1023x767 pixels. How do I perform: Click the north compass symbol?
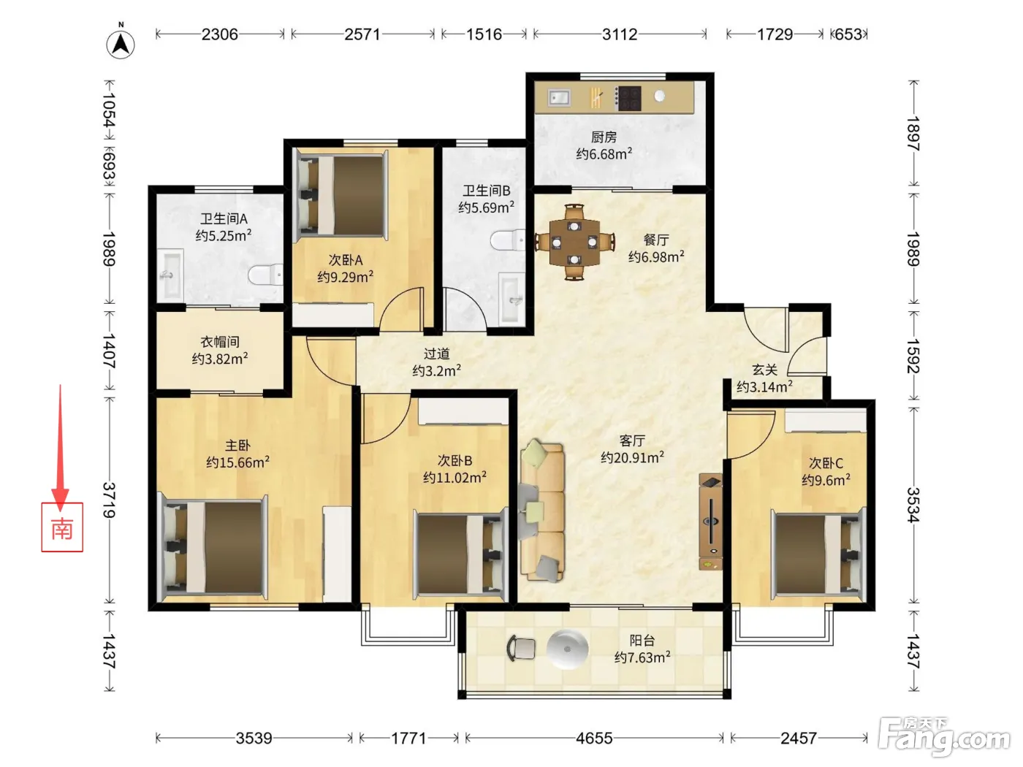pos(121,42)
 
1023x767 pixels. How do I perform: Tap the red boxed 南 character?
pos(62,527)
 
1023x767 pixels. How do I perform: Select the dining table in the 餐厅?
pos(574,243)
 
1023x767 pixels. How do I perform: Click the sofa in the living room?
pos(541,511)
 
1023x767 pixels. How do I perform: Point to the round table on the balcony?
pos(567,649)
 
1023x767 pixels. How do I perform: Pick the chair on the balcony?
pos(521,648)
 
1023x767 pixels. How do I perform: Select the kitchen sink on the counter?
pos(559,98)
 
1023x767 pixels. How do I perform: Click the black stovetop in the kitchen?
pos(628,98)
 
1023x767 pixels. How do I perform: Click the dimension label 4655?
pos(594,738)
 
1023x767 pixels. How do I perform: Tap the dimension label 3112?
pos(620,34)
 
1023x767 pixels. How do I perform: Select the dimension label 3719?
pos(109,500)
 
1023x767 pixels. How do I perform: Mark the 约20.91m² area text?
pos(633,457)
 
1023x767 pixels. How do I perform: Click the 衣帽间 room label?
pos(220,342)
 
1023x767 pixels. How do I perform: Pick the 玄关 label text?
pos(765,370)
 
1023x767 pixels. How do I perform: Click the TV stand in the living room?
pos(711,522)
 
